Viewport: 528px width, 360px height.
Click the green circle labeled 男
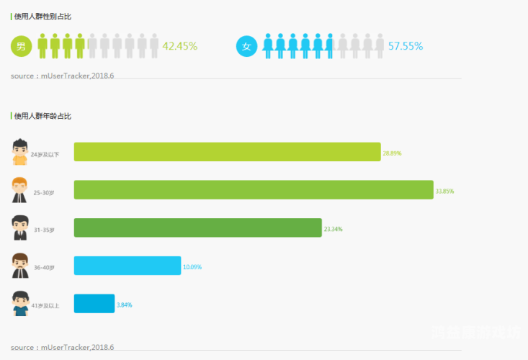coord(20,46)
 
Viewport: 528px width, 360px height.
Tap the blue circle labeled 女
coord(246,46)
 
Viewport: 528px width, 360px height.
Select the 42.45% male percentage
coord(180,46)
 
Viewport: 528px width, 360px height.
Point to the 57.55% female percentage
coord(406,46)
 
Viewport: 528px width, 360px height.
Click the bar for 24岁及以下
coord(227,152)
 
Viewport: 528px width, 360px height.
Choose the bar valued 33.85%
coord(254,190)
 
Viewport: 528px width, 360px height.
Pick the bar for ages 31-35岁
coord(197,228)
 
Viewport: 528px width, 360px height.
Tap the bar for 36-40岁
coord(127,266)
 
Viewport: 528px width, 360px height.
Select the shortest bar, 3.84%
coord(94,304)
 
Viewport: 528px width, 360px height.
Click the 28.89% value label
coord(392,153)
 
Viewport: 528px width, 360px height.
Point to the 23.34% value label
coord(333,229)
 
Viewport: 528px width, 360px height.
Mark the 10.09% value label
coord(192,267)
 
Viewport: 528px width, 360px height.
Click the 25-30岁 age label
coord(44,192)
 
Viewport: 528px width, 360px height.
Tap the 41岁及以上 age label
coord(45,306)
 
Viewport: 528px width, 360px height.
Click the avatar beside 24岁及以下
coord(19,152)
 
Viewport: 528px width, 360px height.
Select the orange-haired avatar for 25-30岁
coord(19,190)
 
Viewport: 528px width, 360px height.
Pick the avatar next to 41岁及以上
coord(19,303)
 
